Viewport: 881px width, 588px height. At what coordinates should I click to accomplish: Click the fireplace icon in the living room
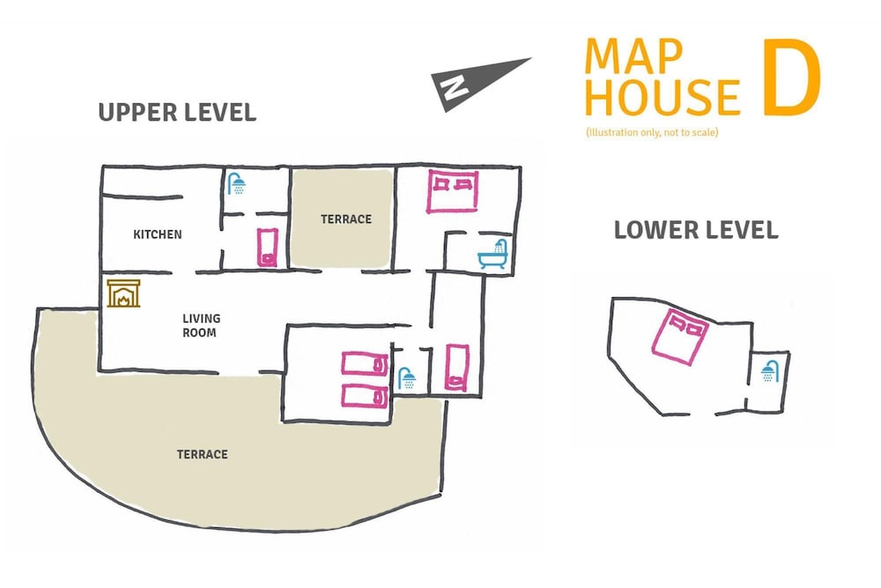click(x=123, y=294)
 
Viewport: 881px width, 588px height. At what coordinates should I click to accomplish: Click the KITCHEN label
click(x=158, y=234)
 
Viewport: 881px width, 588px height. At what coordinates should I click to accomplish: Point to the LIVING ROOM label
click(x=201, y=325)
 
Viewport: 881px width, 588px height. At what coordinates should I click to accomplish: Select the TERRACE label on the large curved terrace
click(x=203, y=454)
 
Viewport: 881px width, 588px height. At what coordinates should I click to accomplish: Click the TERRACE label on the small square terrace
click(x=346, y=220)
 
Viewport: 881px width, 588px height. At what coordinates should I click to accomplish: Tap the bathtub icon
click(x=492, y=254)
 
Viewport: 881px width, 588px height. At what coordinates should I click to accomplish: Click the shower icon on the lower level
click(x=770, y=371)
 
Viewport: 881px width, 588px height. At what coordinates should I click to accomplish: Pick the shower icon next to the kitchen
click(x=236, y=184)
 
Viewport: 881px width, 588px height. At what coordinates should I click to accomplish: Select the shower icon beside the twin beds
click(x=407, y=378)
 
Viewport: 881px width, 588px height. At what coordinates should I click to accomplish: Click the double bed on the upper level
click(x=452, y=191)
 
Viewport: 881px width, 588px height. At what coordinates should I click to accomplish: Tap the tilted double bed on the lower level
click(x=680, y=337)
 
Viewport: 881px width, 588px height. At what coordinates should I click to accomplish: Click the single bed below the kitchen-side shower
click(x=268, y=248)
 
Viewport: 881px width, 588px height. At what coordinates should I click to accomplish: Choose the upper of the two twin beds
click(x=365, y=363)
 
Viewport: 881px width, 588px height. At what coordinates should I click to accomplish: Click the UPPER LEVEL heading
click(x=177, y=113)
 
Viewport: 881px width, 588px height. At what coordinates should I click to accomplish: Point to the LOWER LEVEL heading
click(x=696, y=230)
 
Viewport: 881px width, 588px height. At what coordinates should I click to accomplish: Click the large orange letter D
click(x=792, y=77)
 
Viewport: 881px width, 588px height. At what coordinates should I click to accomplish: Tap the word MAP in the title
click(x=633, y=56)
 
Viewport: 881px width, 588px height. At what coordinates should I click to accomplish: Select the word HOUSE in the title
click(x=662, y=97)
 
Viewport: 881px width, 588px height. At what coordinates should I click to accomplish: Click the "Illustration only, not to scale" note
click(x=652, y=132)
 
